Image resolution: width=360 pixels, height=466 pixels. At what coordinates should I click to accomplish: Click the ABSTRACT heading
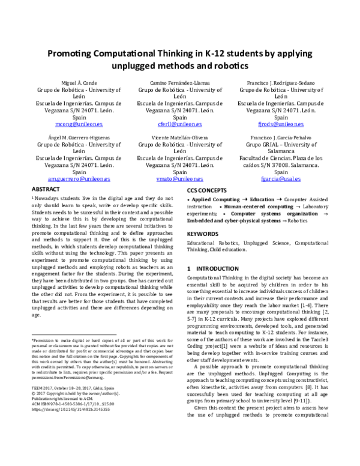tap(45, 189)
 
